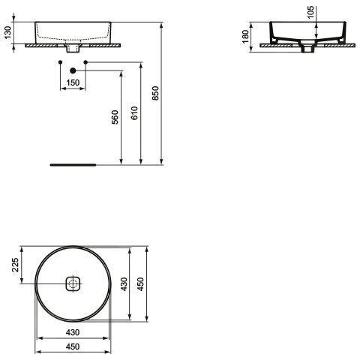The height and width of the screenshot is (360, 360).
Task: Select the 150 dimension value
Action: pyautogui.click(x=73, y=82)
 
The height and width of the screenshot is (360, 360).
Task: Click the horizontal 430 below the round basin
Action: pyautogui.click(x=73, y=332)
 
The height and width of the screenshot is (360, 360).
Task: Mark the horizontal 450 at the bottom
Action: pyautogui.click(x=73, y=346)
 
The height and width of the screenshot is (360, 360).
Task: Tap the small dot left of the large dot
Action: pyautogui.click(x=60, y=61)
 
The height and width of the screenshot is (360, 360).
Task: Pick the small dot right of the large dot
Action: pyautogui.click(x=86, y=61)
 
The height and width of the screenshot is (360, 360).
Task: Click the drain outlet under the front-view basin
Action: pyautogui.click(x=73, y=48)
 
